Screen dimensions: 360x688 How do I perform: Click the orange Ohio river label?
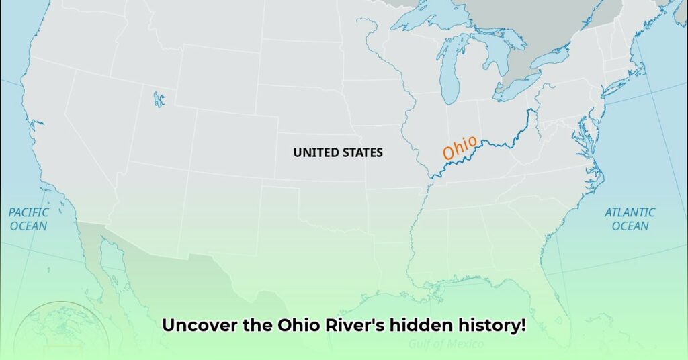[x=460, y=148]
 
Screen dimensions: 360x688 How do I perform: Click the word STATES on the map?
[x=362, y=152]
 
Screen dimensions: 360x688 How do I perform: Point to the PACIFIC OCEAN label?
[x=29, y=219]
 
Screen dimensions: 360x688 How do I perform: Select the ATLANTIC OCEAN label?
[x=630, y=219]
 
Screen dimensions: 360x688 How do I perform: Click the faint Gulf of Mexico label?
[x=446, y=344]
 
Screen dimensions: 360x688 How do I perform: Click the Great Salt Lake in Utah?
[x=158, y=99]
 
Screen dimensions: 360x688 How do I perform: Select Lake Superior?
[x=430, y=18]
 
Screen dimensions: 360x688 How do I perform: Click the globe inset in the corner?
[x=60, y=332]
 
